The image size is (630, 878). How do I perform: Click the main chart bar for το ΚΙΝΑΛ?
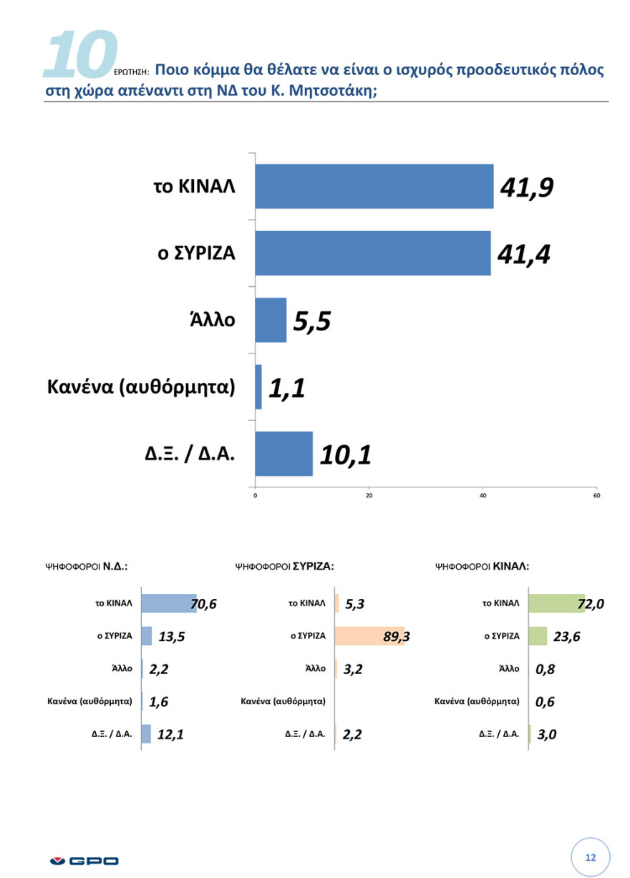coord(374,187)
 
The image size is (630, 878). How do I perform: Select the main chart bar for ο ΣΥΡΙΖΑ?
coord(372,253)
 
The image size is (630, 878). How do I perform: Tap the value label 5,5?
coord(311,321)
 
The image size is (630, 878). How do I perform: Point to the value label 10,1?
coord(345,454)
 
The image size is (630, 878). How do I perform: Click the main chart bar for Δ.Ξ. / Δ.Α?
coord(283,454)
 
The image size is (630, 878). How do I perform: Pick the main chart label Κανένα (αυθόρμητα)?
coord(141,387)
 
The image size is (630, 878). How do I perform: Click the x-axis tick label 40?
coord(483,494)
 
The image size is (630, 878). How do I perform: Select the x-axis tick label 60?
coord(597,494)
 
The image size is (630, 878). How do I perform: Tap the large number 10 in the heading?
coord(79,54)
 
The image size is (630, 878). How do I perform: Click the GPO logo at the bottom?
coord(84,860)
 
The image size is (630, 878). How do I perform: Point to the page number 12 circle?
coord(591,857)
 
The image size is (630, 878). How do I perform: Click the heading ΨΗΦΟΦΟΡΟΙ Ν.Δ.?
coord(87,565)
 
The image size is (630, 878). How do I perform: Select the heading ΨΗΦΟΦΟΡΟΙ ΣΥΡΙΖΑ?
coord(285,565)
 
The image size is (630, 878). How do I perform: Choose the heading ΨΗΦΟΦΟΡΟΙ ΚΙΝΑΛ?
coord(482,565)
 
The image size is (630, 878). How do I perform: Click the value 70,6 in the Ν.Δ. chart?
coord(203,605)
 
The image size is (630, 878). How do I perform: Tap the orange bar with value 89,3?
coord(369,635)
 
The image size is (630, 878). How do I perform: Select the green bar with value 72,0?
coord(556,604)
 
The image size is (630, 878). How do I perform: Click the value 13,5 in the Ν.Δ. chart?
coord(172,637)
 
